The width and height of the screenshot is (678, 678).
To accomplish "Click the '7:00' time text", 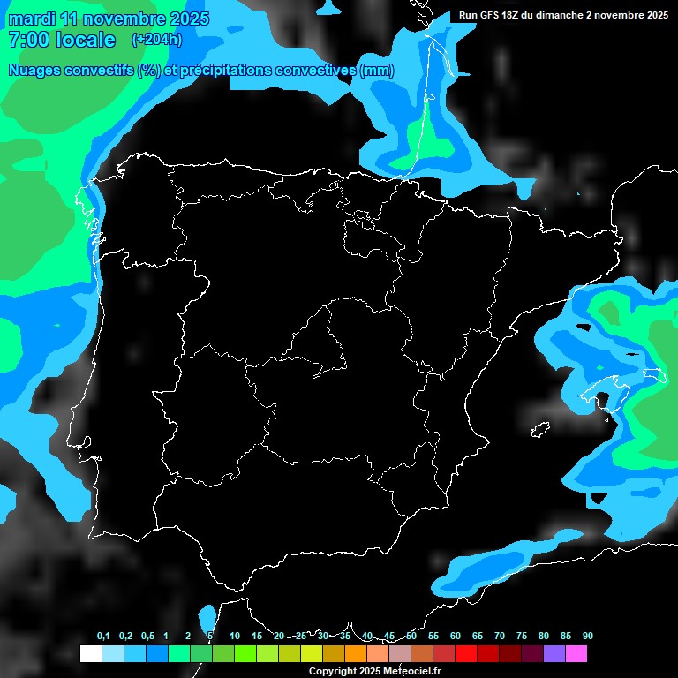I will pyautogui.click(x=27, y=40).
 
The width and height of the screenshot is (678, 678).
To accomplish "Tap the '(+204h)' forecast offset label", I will pyautogui.click(x=156, y=40).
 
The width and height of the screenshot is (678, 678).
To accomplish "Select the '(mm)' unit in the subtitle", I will pyautogui.click(x=377, y=71).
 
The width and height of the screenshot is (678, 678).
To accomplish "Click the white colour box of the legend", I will pyautogui.click(x=90, y=654).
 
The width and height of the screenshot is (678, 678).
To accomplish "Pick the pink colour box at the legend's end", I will pyautogui.click(x=576, y=654).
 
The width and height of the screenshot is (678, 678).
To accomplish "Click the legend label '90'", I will pyautogui.click(x=587, y=637).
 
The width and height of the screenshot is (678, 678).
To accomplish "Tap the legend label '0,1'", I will pyautogui.click(x=103, y=637).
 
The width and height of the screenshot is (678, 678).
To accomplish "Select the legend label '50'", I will pyautogui.click(x=411, y=637).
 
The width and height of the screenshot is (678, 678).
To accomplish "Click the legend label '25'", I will pyautogui.click(x=301, y=637).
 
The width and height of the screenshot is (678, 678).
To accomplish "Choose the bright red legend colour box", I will pyautogui.click(x=465, y=654).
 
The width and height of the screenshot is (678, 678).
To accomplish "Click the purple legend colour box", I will pyautogui.click(x=554, y=654).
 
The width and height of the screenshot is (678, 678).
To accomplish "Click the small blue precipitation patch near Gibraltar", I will pyautogui.click(x=208, y=615).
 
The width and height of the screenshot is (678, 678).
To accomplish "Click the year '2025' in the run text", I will pyautogui.click(x=654, y=15).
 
